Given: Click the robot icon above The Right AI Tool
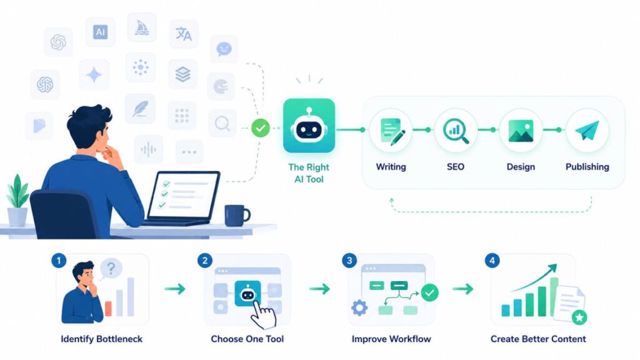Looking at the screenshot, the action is click(309, 126).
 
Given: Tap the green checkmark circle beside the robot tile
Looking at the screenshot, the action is click(261, 127).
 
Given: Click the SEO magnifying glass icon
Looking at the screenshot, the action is click(456, 131).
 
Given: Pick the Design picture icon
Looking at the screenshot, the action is click(521, 131).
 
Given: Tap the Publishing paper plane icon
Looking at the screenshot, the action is click(587, 130).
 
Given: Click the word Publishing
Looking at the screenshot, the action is click(587, 167).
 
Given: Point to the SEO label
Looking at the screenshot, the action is click(456, 167).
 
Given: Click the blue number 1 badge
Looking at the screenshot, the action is click(59, 261).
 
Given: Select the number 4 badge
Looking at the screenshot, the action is click(492, 261).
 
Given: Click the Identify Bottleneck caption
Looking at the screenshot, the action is click(102, 339).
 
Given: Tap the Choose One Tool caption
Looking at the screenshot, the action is click(247, 339).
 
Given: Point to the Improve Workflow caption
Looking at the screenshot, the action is click(391, 339).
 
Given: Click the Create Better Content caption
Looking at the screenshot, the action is click(538, 339).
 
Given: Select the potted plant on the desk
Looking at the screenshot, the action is click(18, 201).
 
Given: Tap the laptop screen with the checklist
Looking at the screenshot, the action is click(183, 195).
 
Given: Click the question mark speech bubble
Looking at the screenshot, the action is click(110, 269).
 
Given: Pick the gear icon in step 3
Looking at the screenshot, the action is click(359, 307).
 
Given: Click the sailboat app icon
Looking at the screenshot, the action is click(142, 27).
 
